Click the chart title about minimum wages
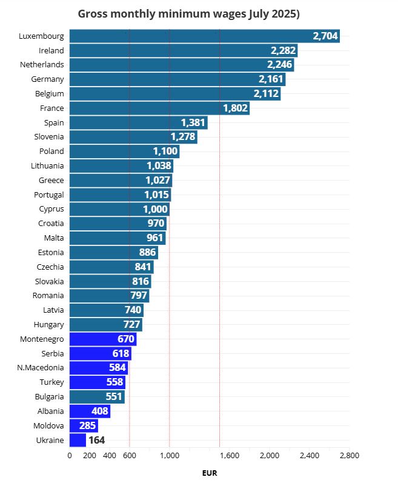coord(189,14)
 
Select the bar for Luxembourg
coord(204,36)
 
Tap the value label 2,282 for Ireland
coord(283,50)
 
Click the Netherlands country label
coord(42,64)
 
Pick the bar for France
coord(159,108)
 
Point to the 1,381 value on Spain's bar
coord(193,122)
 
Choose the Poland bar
coord(124,151)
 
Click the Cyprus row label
coord(51,208)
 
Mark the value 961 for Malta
coord(155,238)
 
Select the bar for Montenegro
coord(103,339)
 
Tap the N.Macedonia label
coord(40,367)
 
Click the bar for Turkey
coord(97,382)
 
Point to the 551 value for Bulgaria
coord(114,396)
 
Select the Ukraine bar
coord(78,440)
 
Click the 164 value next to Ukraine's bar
coord(97,440)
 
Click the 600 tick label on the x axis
coord(129,455)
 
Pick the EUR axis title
coord(209,473)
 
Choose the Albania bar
coord(90,411)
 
